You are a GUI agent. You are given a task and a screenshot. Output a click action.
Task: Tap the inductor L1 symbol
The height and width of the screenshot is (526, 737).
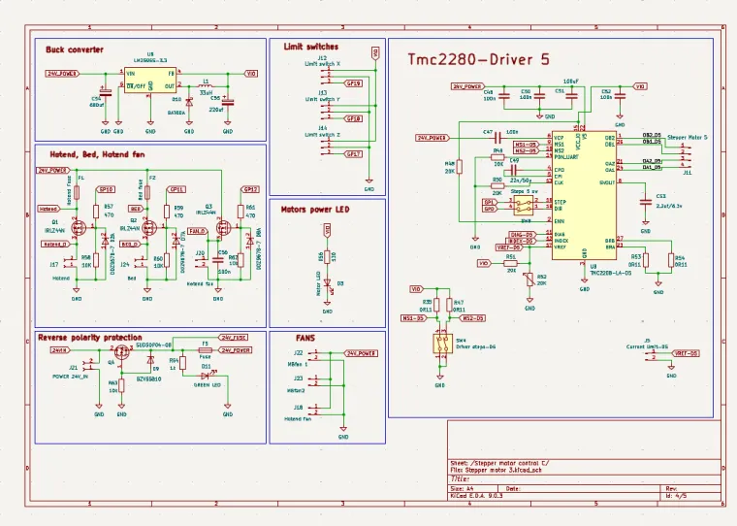(205, 85)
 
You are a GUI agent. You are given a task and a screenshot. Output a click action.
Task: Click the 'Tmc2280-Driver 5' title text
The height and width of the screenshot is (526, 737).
(468, 60)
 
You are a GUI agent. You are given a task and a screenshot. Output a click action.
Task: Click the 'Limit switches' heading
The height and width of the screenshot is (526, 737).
(310, 46)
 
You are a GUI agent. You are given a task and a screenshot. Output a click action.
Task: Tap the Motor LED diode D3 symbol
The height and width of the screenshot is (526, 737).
(327, 284)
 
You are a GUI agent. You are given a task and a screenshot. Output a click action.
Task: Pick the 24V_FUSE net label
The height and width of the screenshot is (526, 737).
(234, 337)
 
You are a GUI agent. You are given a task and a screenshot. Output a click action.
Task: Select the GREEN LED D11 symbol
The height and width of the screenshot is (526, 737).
(206, 375)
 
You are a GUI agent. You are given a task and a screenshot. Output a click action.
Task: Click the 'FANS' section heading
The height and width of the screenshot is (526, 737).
(305, 339)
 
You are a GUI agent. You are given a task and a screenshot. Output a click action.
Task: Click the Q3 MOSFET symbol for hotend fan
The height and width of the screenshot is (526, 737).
(223, 228)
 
